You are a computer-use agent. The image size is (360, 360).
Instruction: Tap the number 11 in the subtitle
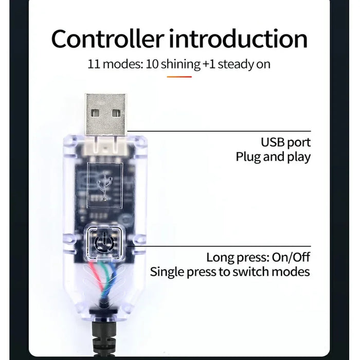click(x=94, y=64)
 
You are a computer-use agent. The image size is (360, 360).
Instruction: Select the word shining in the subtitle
click(x=180, y=64)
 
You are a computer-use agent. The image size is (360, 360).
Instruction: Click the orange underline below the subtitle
click(x=179, y=77)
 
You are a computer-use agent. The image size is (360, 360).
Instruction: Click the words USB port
click(x=286, y=142)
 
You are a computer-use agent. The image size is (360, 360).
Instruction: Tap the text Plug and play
click(x=273, y=157)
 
